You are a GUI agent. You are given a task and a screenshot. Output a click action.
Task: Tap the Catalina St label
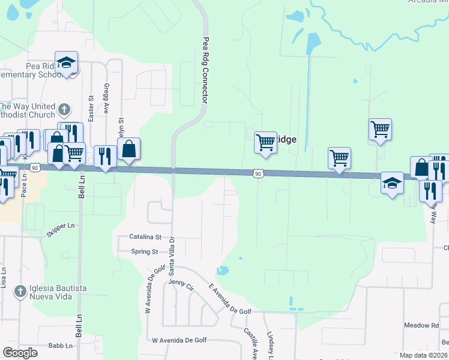click(x=146, y=237)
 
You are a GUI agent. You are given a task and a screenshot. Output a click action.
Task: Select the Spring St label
click(x=145, y=252)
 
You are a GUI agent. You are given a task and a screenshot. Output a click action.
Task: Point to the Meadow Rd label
click(x=422, y=325)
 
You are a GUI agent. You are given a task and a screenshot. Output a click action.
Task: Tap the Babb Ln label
click(x=60, y=346)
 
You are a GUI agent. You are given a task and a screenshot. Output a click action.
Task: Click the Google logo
click(x=20, y=352)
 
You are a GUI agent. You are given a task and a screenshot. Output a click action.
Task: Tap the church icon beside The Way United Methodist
click(x=65, y=110)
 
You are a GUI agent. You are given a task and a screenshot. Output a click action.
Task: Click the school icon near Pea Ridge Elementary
click(x=67, y=62)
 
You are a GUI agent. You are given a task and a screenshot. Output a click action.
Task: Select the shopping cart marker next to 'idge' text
click(x=265, y=142)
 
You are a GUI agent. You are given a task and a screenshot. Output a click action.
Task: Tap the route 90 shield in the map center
click(x=258, y=173)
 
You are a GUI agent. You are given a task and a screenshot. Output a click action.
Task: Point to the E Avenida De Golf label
click(x=230, y=299)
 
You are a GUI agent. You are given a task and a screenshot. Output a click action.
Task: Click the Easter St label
click(x=91, y=109)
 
